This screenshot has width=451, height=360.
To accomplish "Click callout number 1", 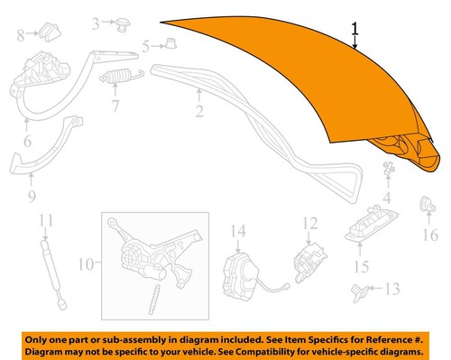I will (x=356, y=29).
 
